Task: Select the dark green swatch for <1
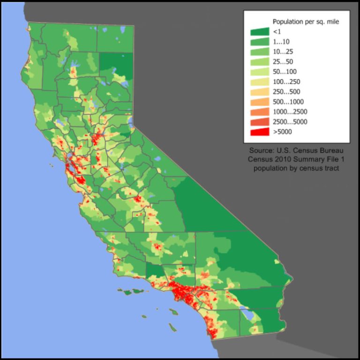click(260, 31)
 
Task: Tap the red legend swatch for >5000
click(260, 132)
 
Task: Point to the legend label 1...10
click(281, 42)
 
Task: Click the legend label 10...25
click(283, 51)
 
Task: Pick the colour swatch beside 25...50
click(260, 62)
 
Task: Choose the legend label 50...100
click(285, 72)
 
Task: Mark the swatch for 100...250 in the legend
click(260, 82)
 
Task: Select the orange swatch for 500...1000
click(260, 102)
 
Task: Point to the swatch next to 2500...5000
click(260, 122)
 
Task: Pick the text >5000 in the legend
click(282, 132)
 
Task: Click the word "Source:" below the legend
click(261, 151)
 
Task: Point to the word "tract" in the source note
click(330, 168)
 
